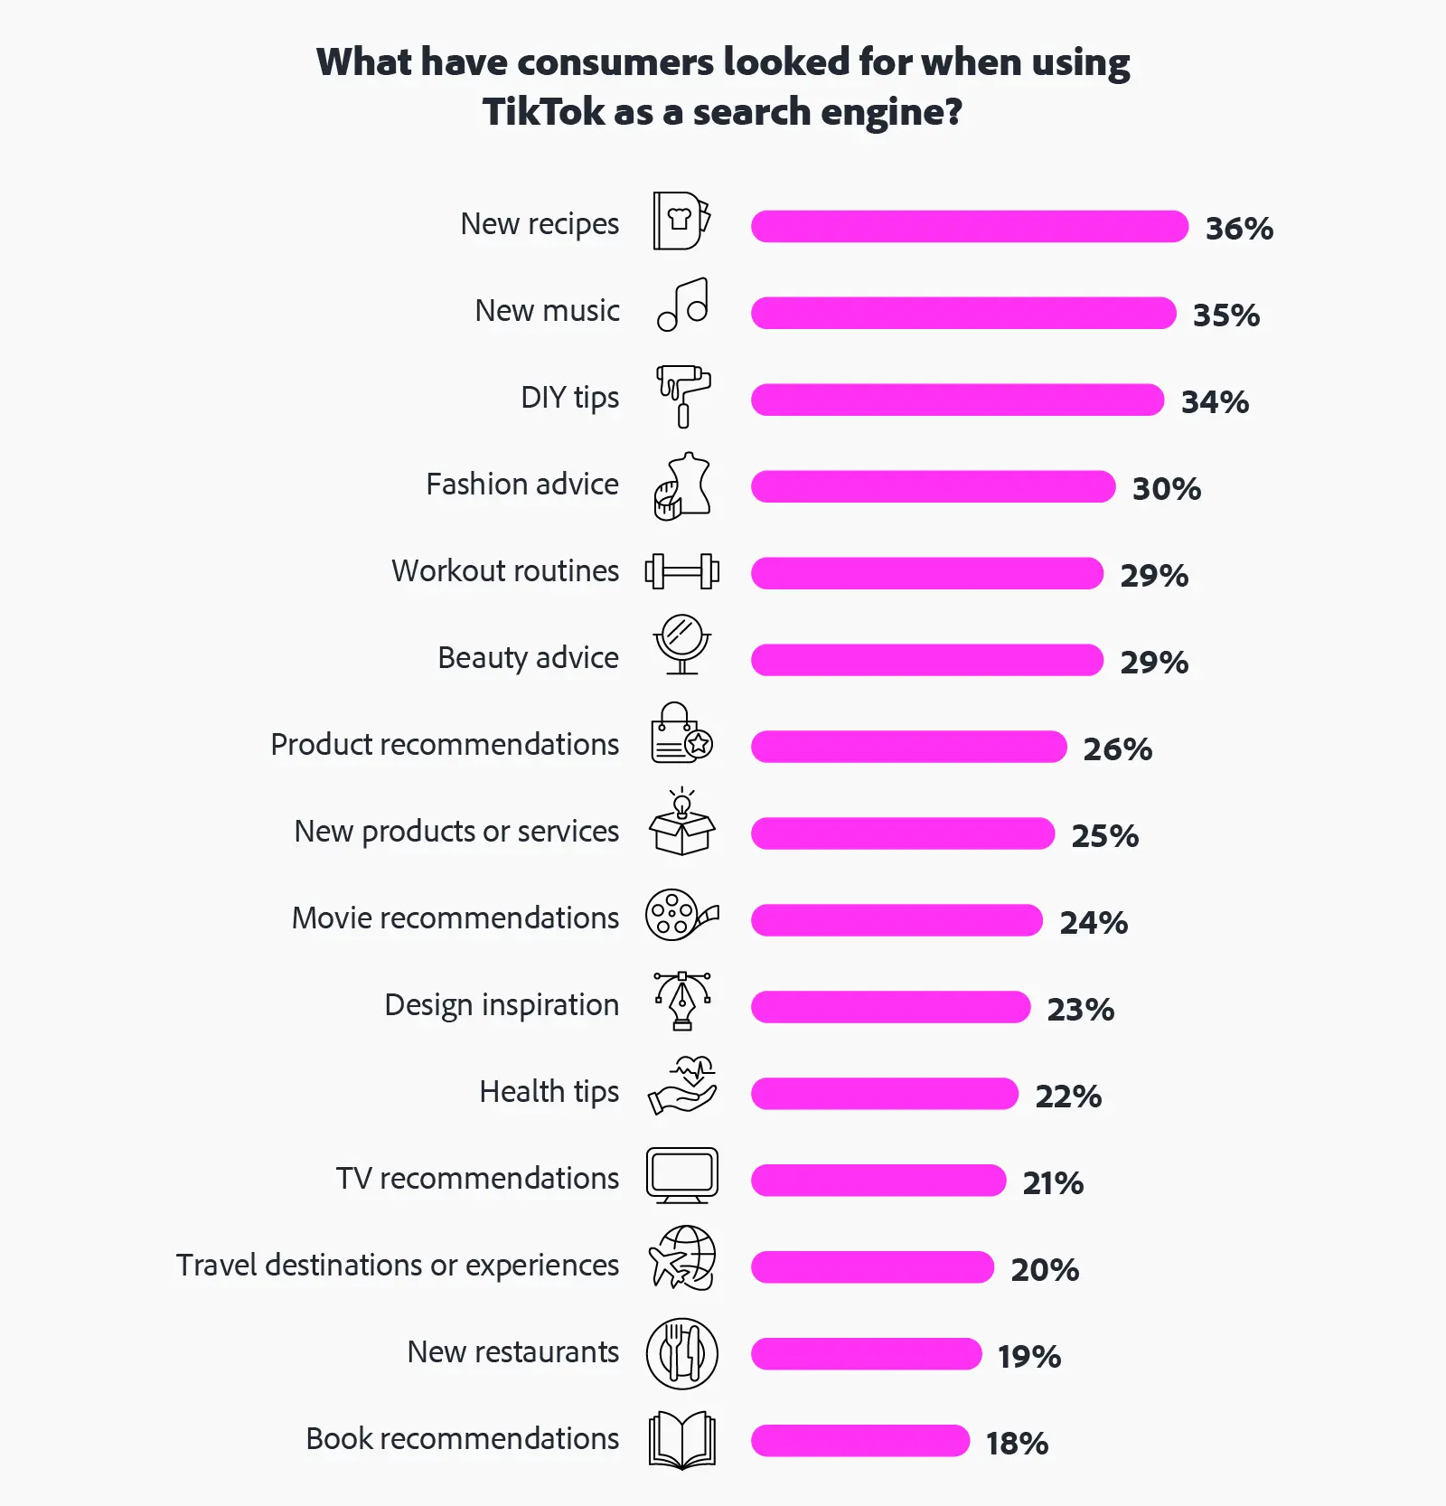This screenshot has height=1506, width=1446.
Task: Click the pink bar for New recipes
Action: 969,226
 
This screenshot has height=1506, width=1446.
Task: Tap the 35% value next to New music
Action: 1225,315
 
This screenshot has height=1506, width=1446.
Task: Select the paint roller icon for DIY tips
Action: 683,396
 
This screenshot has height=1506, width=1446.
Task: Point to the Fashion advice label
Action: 522,485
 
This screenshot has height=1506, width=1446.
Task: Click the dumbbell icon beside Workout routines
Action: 682,571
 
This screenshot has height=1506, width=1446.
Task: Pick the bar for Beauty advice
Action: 926,660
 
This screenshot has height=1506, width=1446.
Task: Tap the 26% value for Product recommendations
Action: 1117,748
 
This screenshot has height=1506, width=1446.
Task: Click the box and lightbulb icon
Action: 682,823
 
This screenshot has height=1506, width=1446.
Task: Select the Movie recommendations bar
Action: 897,920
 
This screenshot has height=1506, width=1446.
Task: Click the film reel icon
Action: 681,916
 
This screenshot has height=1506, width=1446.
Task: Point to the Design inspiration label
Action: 502,1005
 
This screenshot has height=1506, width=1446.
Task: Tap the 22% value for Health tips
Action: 1068,1096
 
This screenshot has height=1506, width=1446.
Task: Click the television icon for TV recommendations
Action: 682,1175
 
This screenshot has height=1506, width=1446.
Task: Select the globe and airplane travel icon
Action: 682,1258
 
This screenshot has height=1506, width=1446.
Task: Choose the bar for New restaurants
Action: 866,1354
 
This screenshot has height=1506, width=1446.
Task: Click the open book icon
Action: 682,1439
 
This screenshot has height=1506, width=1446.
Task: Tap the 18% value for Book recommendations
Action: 1017,1443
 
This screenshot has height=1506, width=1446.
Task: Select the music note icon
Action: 683,306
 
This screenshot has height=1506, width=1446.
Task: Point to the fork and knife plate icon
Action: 682,1353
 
